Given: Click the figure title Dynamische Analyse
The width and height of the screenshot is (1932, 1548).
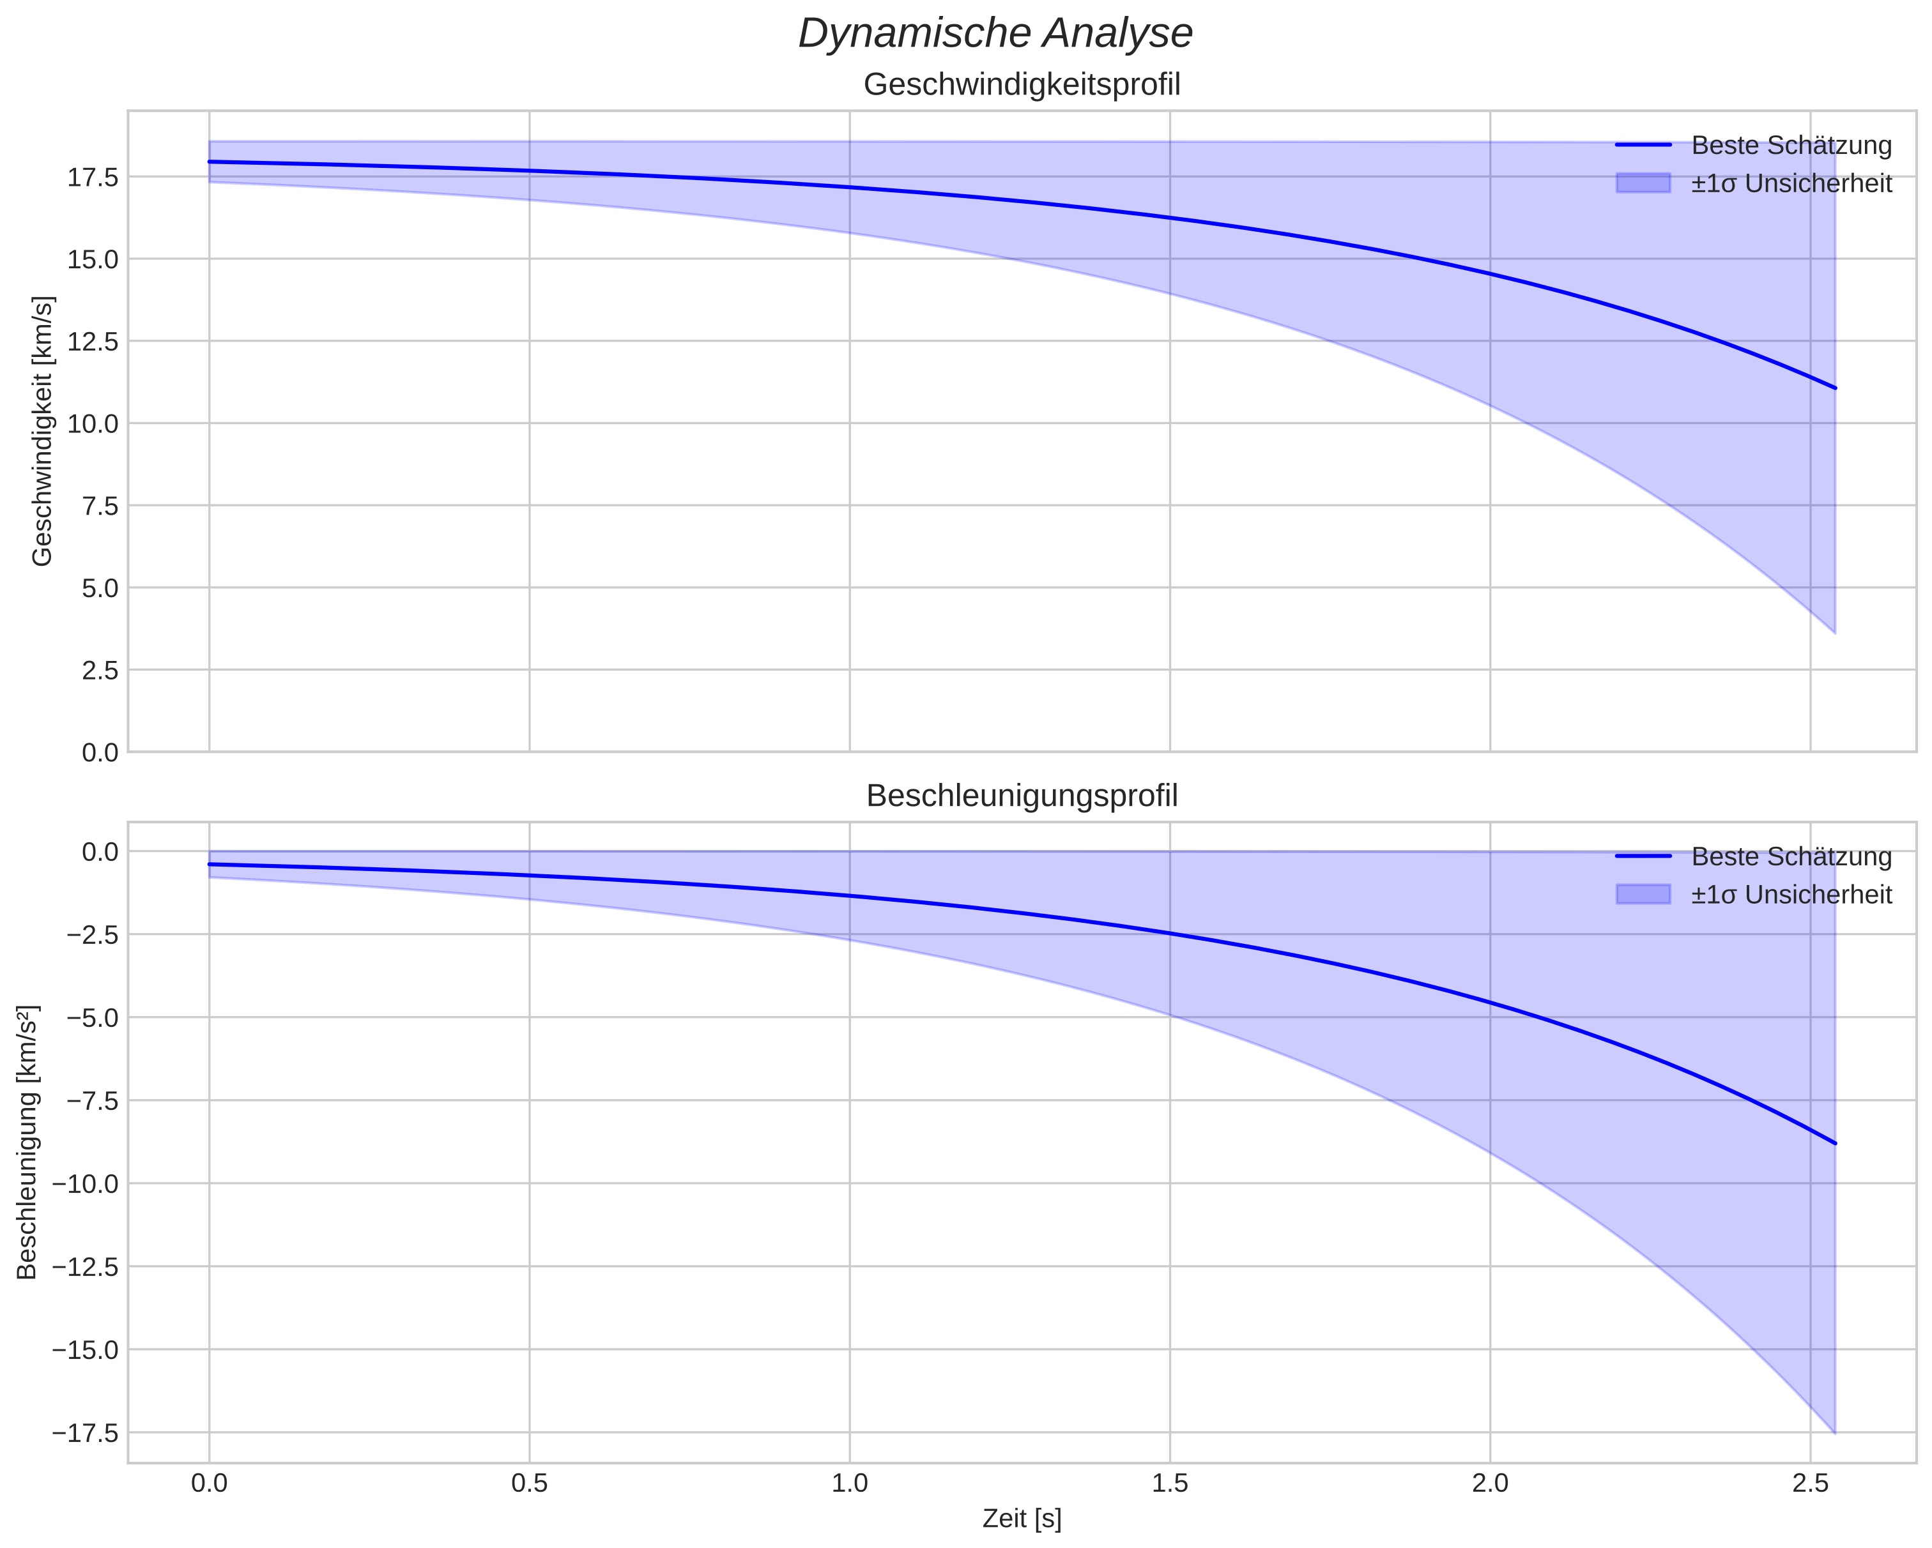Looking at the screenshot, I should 995,34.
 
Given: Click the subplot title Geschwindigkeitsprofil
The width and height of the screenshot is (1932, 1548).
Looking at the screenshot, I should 1022,85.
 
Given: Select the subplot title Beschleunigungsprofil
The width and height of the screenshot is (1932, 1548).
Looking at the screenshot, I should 1022,796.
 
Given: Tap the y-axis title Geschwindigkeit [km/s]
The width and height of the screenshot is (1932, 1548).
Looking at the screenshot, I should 42,431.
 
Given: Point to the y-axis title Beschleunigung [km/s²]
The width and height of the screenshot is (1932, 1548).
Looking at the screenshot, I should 27,1142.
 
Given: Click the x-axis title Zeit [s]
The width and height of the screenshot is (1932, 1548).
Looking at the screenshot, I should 1022,1519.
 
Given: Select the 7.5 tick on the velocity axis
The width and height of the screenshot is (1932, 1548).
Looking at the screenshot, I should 100,506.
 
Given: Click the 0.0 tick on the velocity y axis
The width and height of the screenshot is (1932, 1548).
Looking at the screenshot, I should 100,752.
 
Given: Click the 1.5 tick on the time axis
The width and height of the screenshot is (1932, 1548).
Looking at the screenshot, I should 1169,1483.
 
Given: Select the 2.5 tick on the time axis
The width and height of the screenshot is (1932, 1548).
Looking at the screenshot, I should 1810,1483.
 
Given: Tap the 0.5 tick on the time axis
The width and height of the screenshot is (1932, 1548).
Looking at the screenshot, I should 529,1483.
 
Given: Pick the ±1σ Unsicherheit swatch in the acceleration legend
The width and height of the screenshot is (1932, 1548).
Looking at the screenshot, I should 1643,894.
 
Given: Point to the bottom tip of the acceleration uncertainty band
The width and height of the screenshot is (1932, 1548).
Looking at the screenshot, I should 1834,1432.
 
